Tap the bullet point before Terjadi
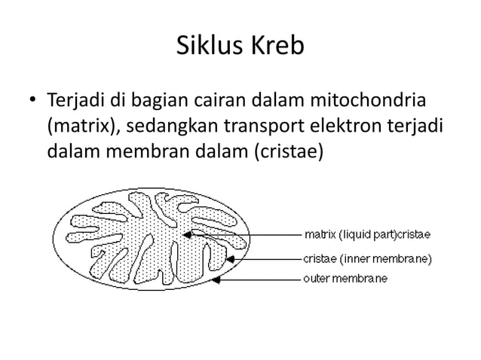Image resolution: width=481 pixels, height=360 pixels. click(32, 101)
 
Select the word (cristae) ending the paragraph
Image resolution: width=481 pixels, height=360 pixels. click(291, 153)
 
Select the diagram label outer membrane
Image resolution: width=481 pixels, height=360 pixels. click(345, 279)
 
